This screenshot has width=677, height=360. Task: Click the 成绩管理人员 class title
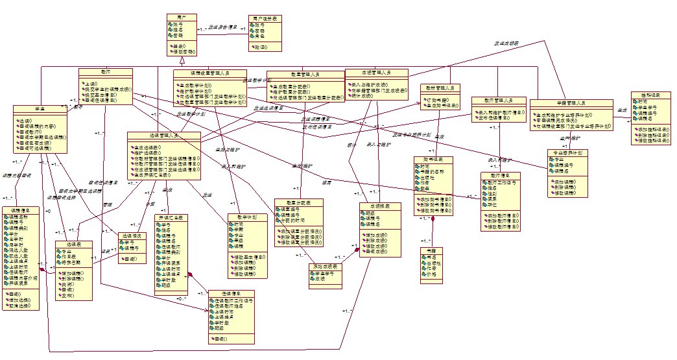pos(376,72)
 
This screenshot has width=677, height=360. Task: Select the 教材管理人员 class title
pos(440,88)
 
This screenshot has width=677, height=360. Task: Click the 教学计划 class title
pos(243,217)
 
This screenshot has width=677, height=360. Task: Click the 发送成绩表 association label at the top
pos(506,43)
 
